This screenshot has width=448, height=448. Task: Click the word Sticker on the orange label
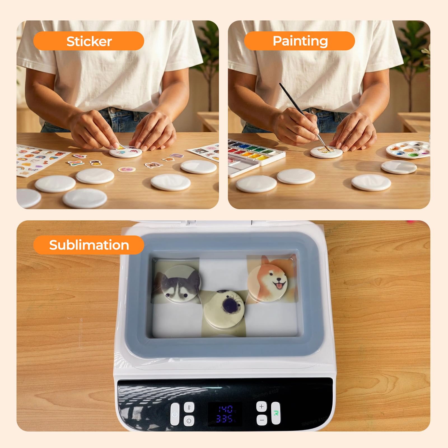click(89, 41)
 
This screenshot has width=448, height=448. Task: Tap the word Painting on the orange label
click(300, 41)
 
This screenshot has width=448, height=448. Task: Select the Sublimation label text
click(89, 245)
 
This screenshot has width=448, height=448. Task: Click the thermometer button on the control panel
click(189, 407)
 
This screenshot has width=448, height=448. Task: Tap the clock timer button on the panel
click(189, 421)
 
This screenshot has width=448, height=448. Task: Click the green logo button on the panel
click(276, 413)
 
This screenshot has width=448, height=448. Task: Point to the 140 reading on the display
click(225, 409)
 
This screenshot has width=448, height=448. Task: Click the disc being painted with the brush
click(326, 152)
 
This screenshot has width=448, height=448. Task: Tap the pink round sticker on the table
click(125, 170)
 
